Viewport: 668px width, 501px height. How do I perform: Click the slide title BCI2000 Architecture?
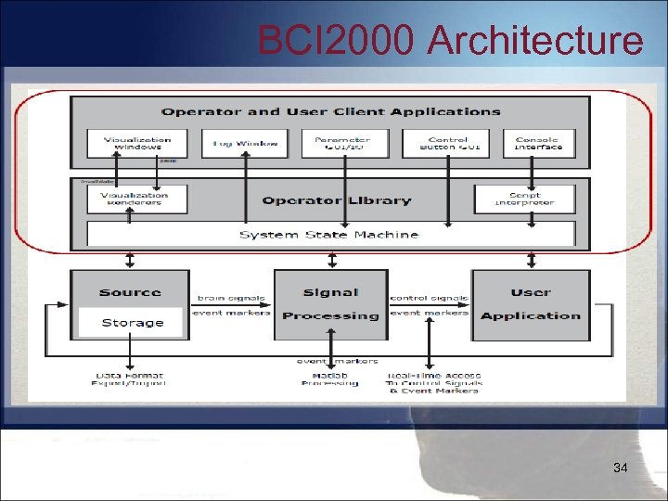(x=449, y=41)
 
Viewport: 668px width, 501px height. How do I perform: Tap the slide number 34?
(x=621, y=469)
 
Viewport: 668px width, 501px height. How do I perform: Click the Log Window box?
(x=238, y=143)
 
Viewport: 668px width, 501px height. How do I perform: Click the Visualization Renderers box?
(x=135, y=199)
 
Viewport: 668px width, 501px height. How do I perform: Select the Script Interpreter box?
(x=524, y=199)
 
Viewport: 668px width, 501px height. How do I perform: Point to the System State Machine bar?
(x=329, y=235)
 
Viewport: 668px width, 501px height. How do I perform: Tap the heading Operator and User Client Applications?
(x=330, y=112)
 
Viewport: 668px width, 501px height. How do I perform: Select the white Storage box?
(x=133, y=323)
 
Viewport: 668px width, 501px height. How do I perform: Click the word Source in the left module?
(x=130, y=292)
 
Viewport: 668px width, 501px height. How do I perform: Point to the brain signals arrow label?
(x=232, y=298)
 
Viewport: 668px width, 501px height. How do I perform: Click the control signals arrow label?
(x=429, y=298)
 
